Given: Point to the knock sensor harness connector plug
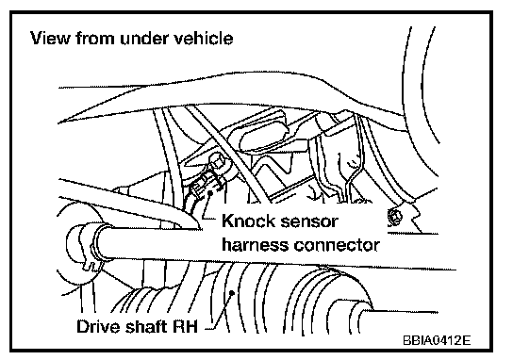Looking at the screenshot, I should (201, 194).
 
